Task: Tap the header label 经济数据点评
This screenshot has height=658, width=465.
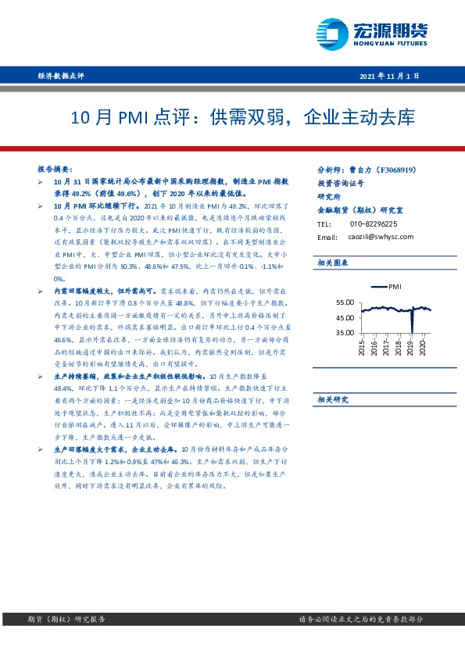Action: (x=60, y=76)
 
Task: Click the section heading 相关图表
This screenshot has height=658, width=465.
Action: (x=332, y=264)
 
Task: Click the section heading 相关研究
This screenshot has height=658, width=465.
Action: (x=332, y=399)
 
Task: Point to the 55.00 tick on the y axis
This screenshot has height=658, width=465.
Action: (x=345, y=302)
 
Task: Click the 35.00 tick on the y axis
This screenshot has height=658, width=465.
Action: (x=345, y=333)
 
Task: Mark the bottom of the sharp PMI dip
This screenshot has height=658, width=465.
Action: (x=412, y=332)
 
